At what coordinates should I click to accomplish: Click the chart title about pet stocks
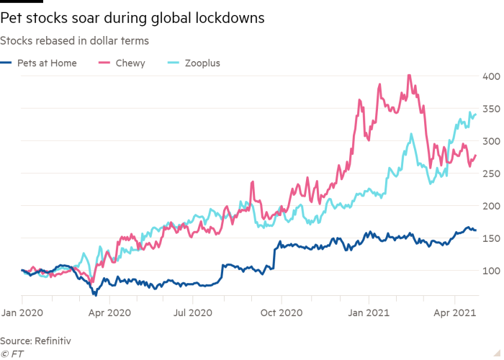pyautogui.click(x=132, y=17)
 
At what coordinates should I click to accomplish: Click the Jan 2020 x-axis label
pyautogui.click(x=22, y=314)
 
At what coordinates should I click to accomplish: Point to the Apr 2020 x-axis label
pyautogui.click(x=108, y=314)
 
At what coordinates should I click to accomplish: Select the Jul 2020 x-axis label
pyautogui.click(x=194, y=314)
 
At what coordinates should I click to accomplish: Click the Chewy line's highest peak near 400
pyautogui.click(x=409, y=76)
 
